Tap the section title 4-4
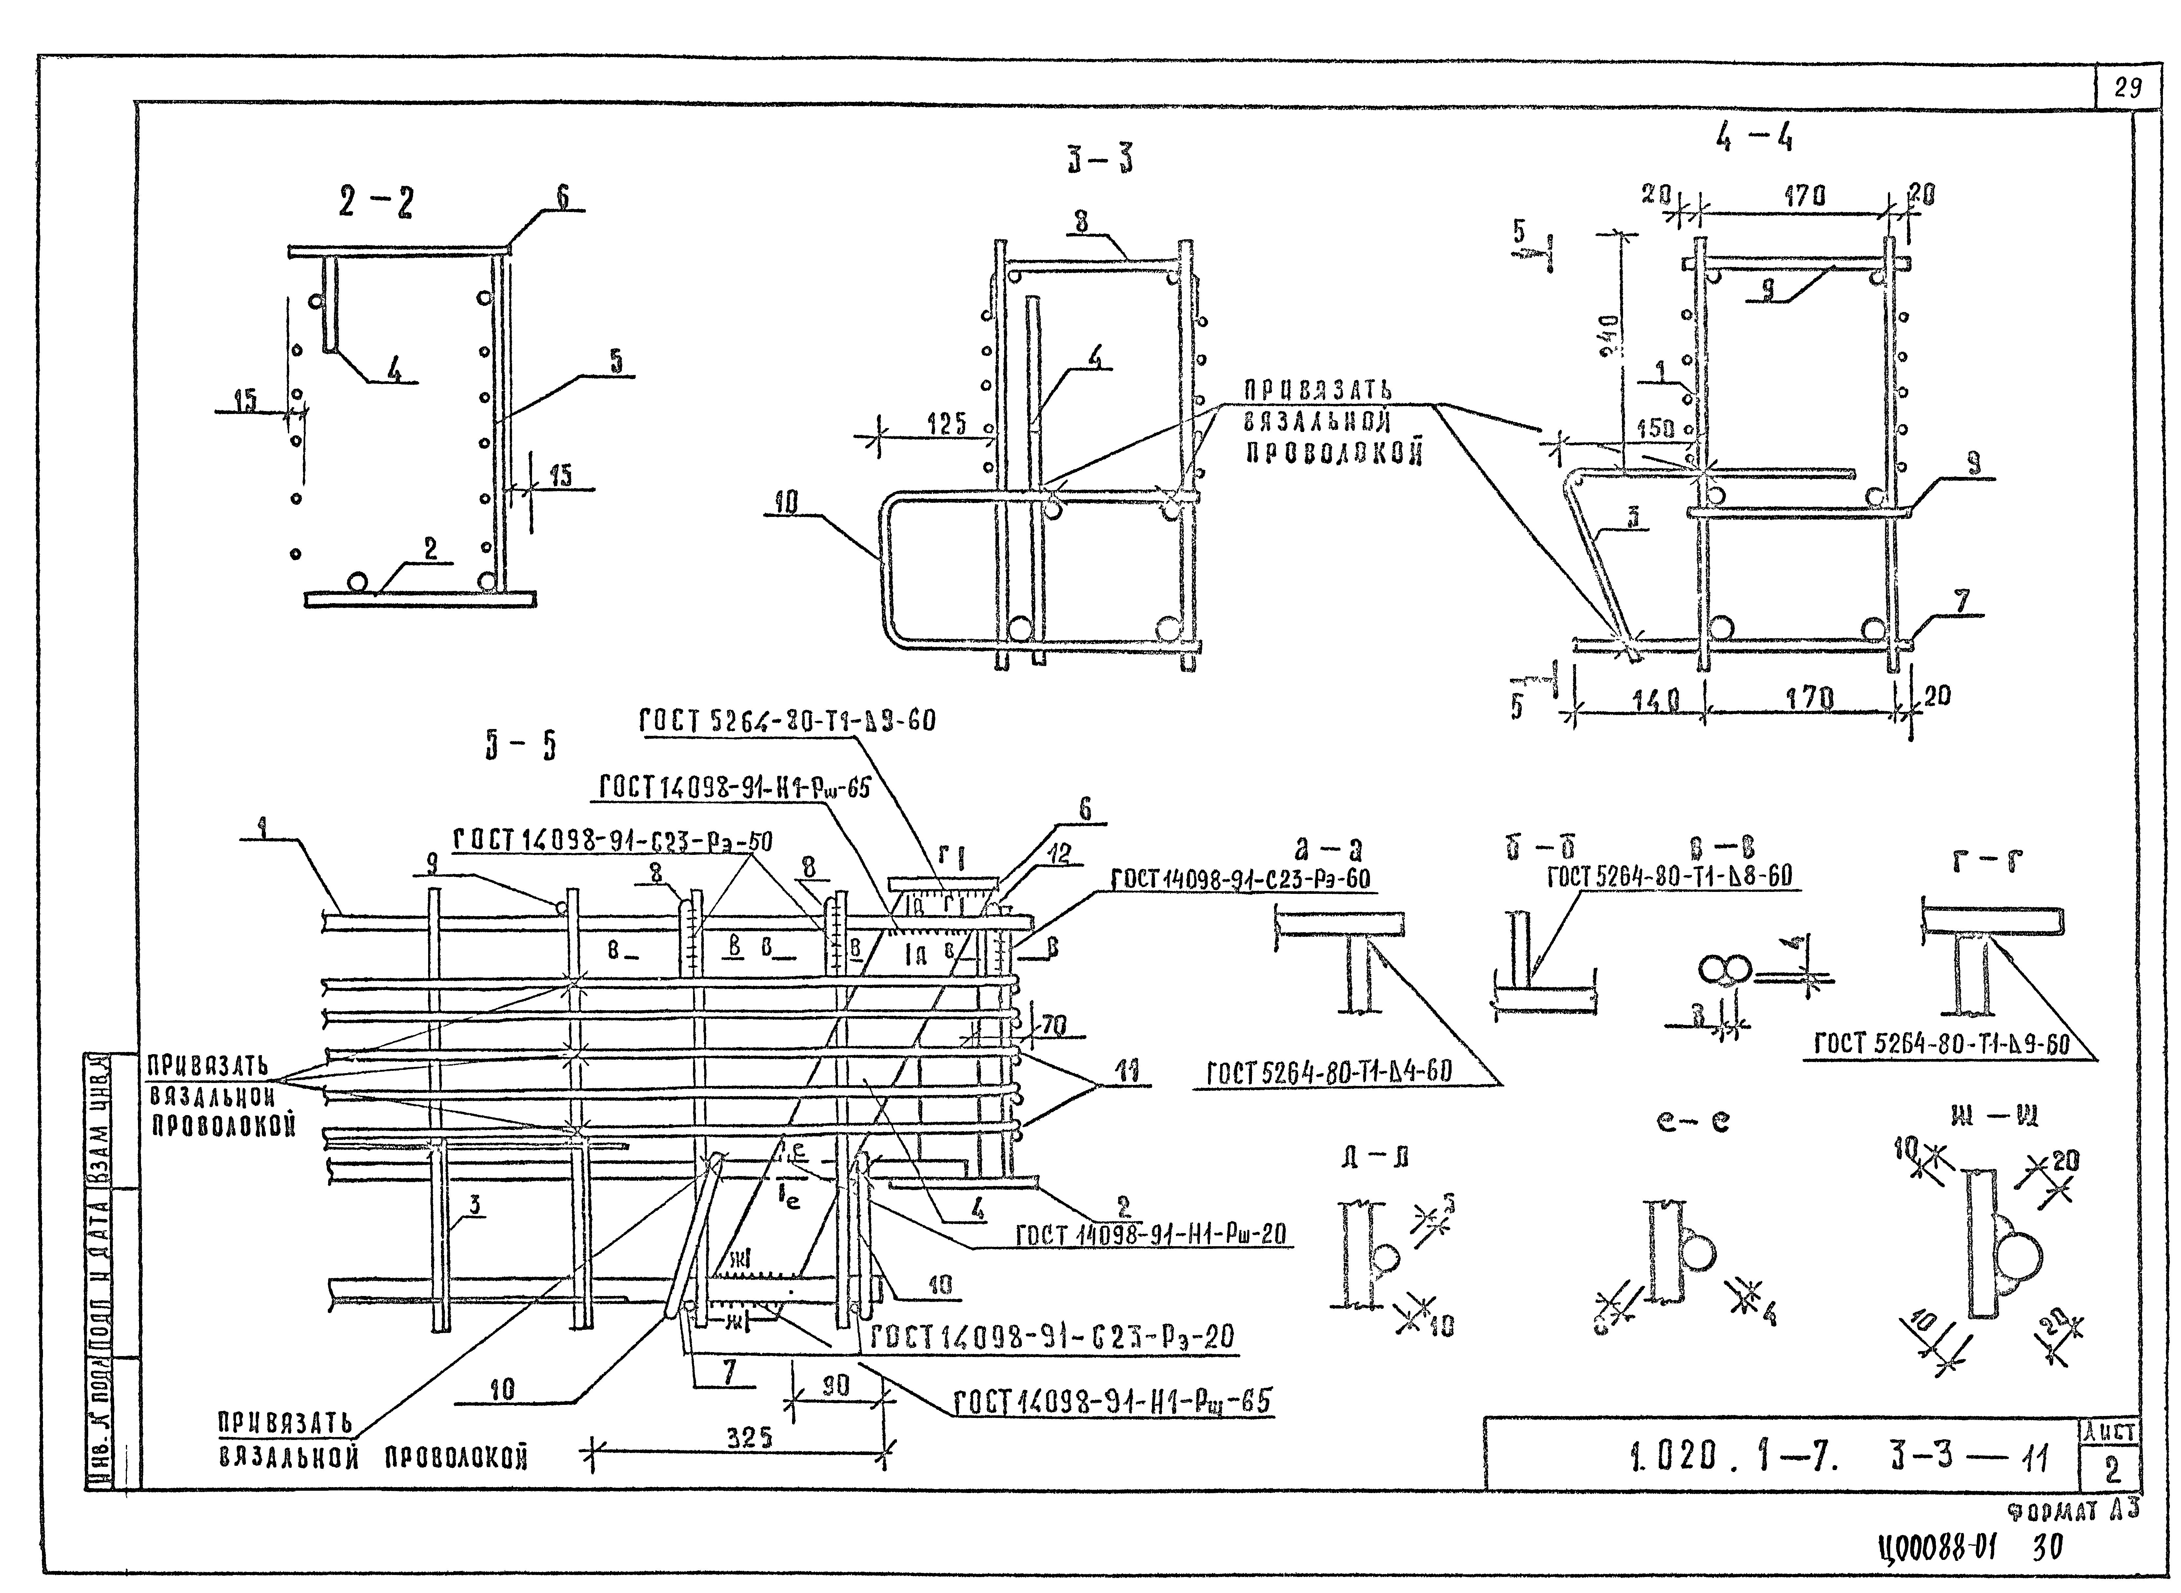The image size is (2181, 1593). click(1754, 140)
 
